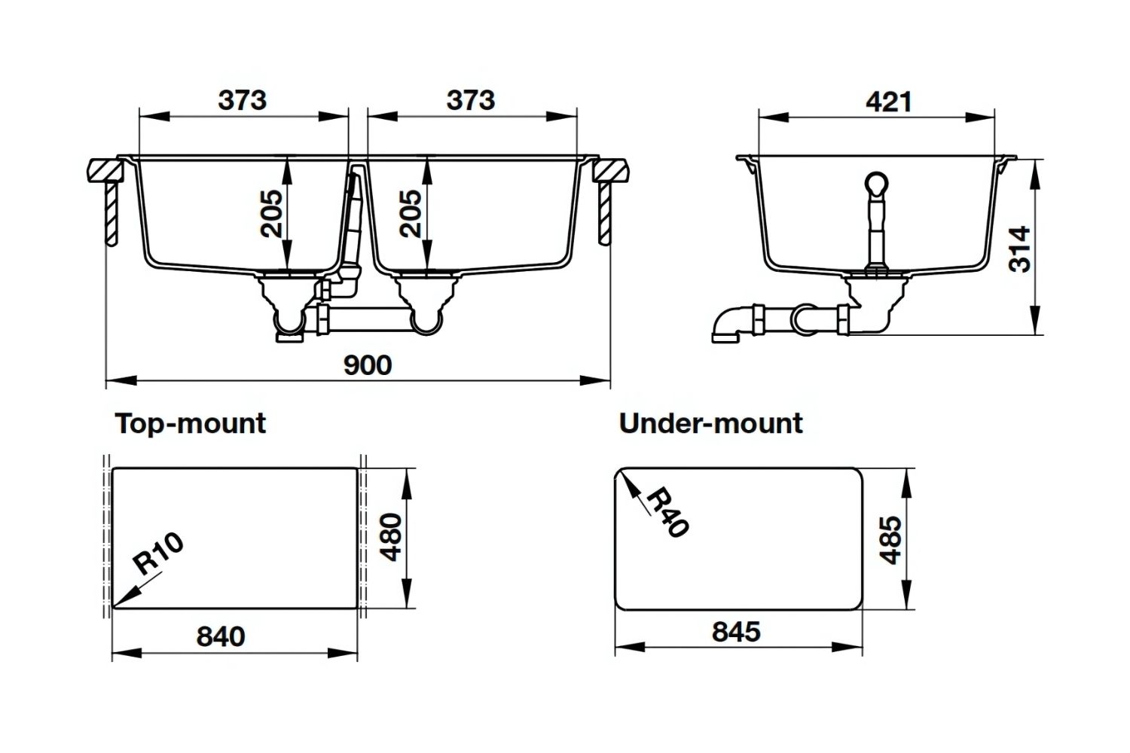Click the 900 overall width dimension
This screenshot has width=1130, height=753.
[368, 365]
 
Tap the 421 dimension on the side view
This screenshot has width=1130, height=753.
[889, 102]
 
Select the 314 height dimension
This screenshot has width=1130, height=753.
[1019, 248]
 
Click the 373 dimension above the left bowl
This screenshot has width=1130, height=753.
[243, 100]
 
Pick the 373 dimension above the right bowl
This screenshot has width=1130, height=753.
[471, 100]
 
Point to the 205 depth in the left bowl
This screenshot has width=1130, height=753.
[270, 213]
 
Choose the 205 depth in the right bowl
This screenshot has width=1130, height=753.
[410, 213]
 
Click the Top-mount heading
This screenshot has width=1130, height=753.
[191, 423]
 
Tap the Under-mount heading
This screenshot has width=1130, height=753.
[710, 423]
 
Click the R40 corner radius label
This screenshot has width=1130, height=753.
[667, 512]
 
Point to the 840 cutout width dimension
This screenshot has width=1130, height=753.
[221, 636]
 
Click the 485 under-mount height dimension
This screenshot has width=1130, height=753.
[890, 539]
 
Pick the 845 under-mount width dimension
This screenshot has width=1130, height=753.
[736, 631]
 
